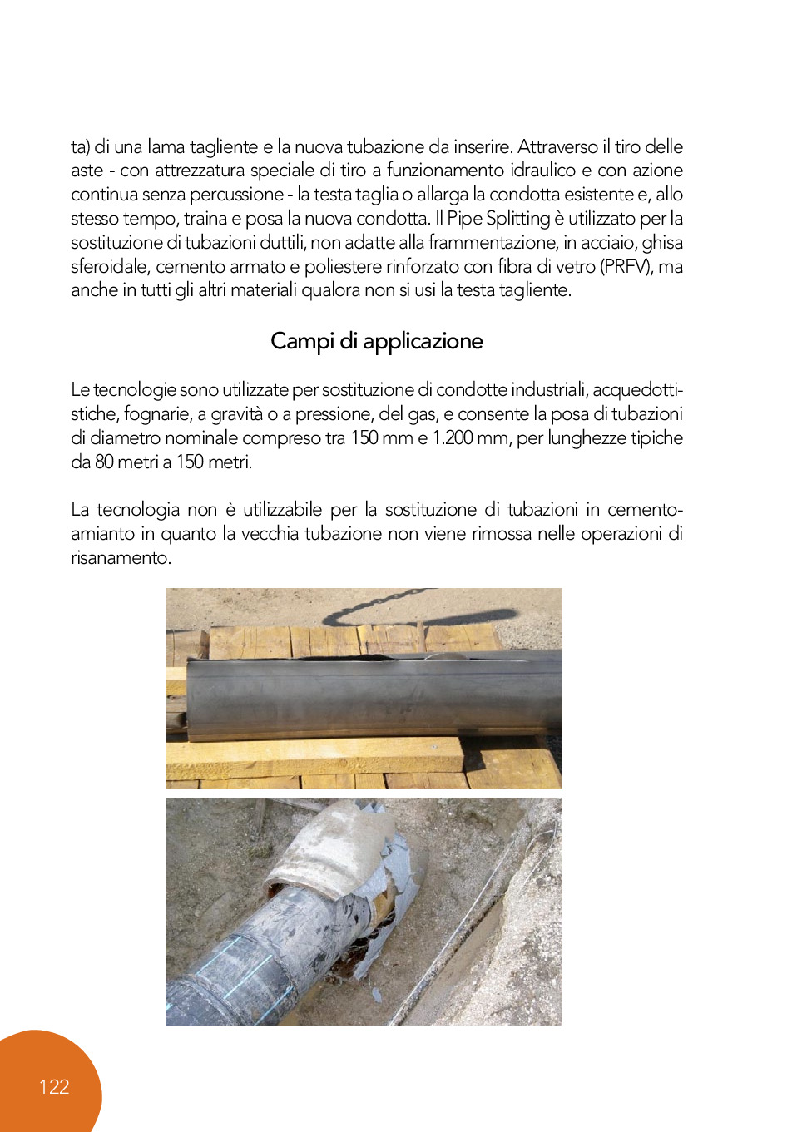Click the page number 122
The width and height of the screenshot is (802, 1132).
tap(54, 1086)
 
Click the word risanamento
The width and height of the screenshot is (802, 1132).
tap(121, 558)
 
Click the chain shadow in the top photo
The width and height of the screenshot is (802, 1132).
tap(416, 609)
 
